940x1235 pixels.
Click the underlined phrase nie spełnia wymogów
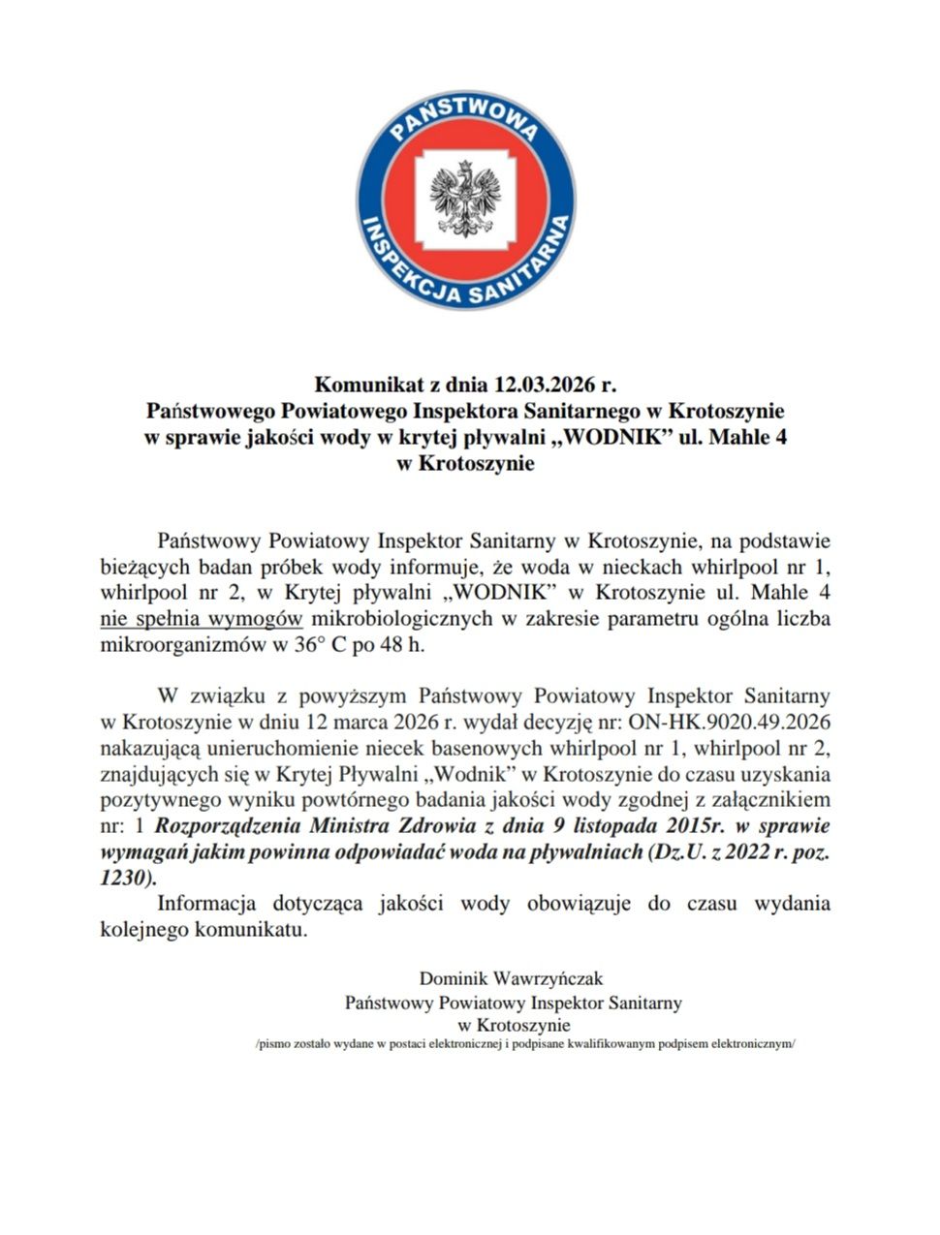pyautogui.click(x=202, y=618)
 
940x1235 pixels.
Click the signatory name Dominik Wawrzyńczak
pyautogui.click(x=511, y=978)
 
